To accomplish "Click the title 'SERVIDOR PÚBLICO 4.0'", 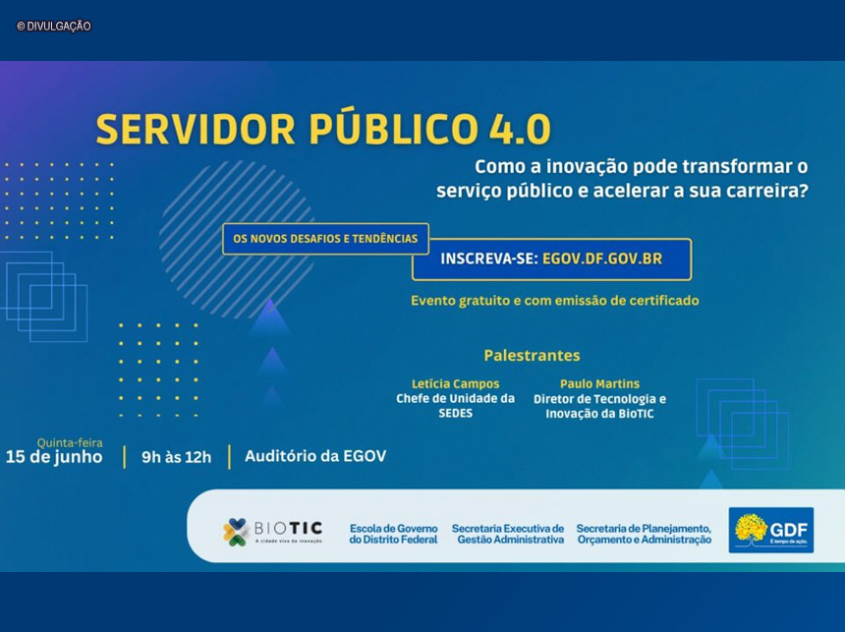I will pos(323,129).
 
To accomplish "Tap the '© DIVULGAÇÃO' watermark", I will pos(54,27).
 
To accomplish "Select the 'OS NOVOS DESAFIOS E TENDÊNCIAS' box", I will pos(325,238).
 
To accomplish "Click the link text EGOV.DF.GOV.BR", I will pos(602,259).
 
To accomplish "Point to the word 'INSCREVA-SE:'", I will pos(488,259).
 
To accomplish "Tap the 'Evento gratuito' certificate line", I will pos(554,301).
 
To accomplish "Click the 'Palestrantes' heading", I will pos(532,355).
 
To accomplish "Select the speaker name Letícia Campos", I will pos(455,383).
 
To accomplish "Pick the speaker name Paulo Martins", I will pos(599,383).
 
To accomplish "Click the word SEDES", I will pos(455,414).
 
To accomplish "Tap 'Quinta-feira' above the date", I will pos(70,442).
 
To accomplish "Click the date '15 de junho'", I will pos(54,457).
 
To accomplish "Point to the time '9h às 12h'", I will pos(176,457).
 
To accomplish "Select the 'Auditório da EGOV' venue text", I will pos(315,456).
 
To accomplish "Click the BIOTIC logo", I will pos(272,531).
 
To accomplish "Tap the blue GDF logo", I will pos(770,530).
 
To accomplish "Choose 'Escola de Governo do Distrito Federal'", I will pos(393,534).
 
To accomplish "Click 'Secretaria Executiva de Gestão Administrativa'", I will pos(508,534).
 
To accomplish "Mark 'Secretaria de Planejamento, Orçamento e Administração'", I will pos(644,534).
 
